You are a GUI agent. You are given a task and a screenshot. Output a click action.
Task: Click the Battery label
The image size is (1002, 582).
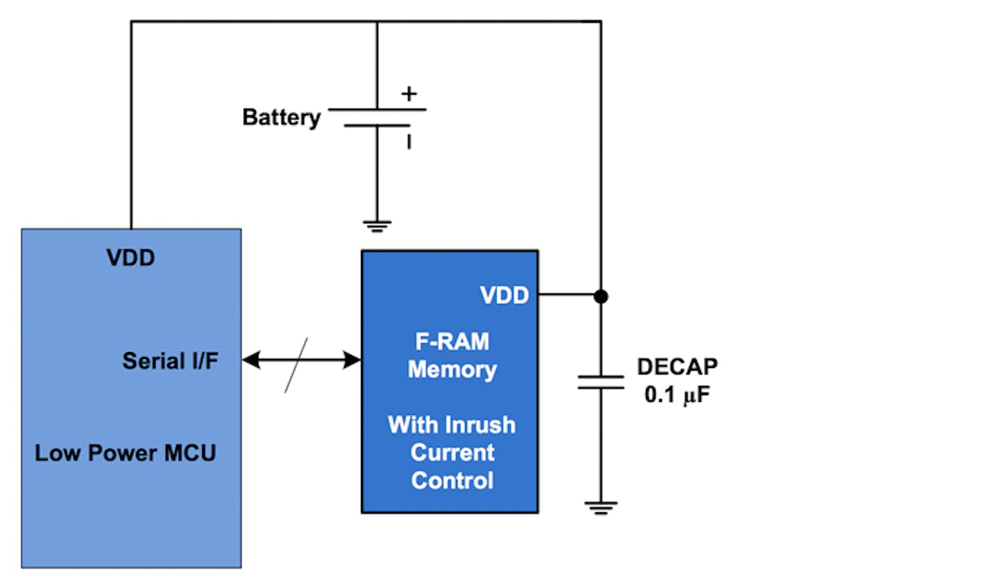tap(281, 117)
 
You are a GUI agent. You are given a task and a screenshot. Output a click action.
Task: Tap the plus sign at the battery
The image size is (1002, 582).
tap(409, 93)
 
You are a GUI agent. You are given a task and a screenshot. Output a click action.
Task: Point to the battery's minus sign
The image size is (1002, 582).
tap(409, 142)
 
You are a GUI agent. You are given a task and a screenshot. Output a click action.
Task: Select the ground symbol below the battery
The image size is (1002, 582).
tap(377, 226)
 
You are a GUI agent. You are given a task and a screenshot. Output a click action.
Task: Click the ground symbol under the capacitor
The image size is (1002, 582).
tap(600, 509)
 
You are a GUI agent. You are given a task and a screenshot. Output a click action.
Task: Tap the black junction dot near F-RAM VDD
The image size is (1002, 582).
tap(601, 296)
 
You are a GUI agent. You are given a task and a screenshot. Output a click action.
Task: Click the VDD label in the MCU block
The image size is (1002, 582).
tap(130, 258)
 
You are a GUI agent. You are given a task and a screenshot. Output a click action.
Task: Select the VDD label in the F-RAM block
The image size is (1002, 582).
tap(504, 295)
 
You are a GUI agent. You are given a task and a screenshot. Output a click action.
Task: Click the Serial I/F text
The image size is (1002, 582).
tap(170, 360)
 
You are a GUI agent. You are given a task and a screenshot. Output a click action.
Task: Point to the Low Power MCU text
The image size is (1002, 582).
tap(126, 453)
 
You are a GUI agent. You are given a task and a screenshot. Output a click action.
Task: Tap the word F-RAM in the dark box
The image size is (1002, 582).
tap(452, 341)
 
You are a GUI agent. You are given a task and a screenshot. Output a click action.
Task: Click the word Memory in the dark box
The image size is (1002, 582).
tap(452, 369)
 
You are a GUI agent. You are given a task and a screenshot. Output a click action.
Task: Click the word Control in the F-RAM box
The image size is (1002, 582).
tap(452, 481)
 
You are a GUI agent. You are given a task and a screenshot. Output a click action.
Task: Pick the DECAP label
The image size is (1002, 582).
tap(677, 366)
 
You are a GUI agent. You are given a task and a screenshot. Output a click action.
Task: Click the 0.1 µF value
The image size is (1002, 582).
tap(677, 395)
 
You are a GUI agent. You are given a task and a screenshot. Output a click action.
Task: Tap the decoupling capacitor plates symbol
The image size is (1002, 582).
tap(600, 382)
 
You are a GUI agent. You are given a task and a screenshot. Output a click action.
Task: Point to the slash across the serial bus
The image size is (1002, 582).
tap(296, 365)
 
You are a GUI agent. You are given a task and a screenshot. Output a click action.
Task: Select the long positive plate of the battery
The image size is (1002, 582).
tap(377, 109)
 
